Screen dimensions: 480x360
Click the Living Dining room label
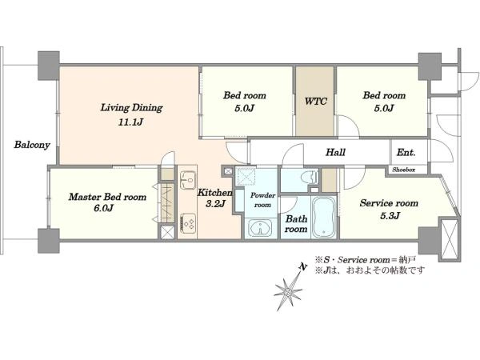(x=132, y=108)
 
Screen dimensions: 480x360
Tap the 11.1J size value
(x=130, y=122)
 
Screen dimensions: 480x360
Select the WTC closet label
(x=316, y=101)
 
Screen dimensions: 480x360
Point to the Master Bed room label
(x=107, y=197)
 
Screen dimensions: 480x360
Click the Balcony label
(x=32, y=145)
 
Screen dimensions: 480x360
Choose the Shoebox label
(x=404, y=170)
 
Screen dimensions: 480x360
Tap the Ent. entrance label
(x=406, y=152)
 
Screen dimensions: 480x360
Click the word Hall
(x=335, y=152)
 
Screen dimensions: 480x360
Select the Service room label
(x=389, y=203)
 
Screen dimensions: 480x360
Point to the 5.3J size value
(x=390, y=216)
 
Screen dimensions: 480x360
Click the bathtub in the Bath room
(x=323, y=218)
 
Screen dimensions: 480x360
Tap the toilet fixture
(x=310, y=178)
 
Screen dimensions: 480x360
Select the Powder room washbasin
(x=260, y=228)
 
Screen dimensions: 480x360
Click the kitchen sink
(x=188, y=180)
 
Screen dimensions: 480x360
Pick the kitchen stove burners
(x=188, y=222)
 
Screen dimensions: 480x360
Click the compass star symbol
(x=287, y=292)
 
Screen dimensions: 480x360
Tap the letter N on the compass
(x=302, y=267)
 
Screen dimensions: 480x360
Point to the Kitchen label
(x=214, y=193)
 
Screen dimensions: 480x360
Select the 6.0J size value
(x=103, y=208)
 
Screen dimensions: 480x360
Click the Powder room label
(x=262, y=200)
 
